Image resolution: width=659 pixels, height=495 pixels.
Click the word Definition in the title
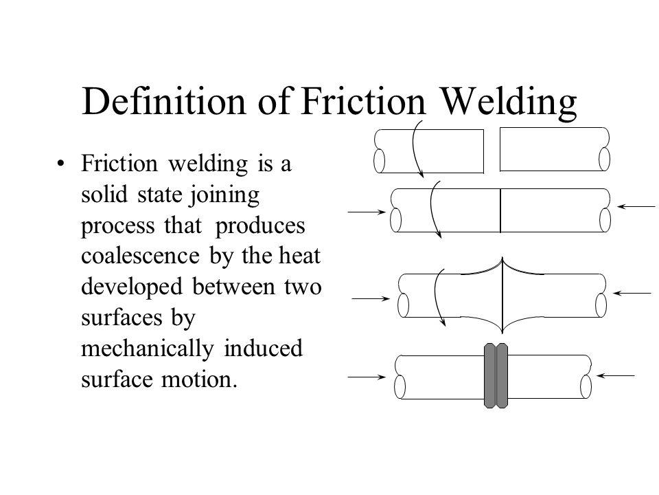163,102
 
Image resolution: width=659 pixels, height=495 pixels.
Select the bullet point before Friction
61,164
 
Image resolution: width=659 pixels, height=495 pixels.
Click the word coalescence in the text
140,256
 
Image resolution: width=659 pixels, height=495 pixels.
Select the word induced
263,349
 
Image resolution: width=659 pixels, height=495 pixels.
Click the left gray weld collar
489,375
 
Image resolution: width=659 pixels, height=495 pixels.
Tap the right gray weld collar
502,375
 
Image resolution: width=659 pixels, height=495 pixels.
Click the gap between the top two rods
492,151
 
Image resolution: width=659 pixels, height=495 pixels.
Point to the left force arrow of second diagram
367,212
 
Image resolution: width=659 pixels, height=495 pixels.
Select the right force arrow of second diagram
636,206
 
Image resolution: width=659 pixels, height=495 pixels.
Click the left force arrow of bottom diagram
367,377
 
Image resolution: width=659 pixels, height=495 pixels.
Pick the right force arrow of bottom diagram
615,375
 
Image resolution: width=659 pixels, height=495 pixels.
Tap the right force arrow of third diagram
632,293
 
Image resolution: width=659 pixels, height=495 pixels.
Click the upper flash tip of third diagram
502,258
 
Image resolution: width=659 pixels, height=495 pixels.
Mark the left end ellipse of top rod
379,160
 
